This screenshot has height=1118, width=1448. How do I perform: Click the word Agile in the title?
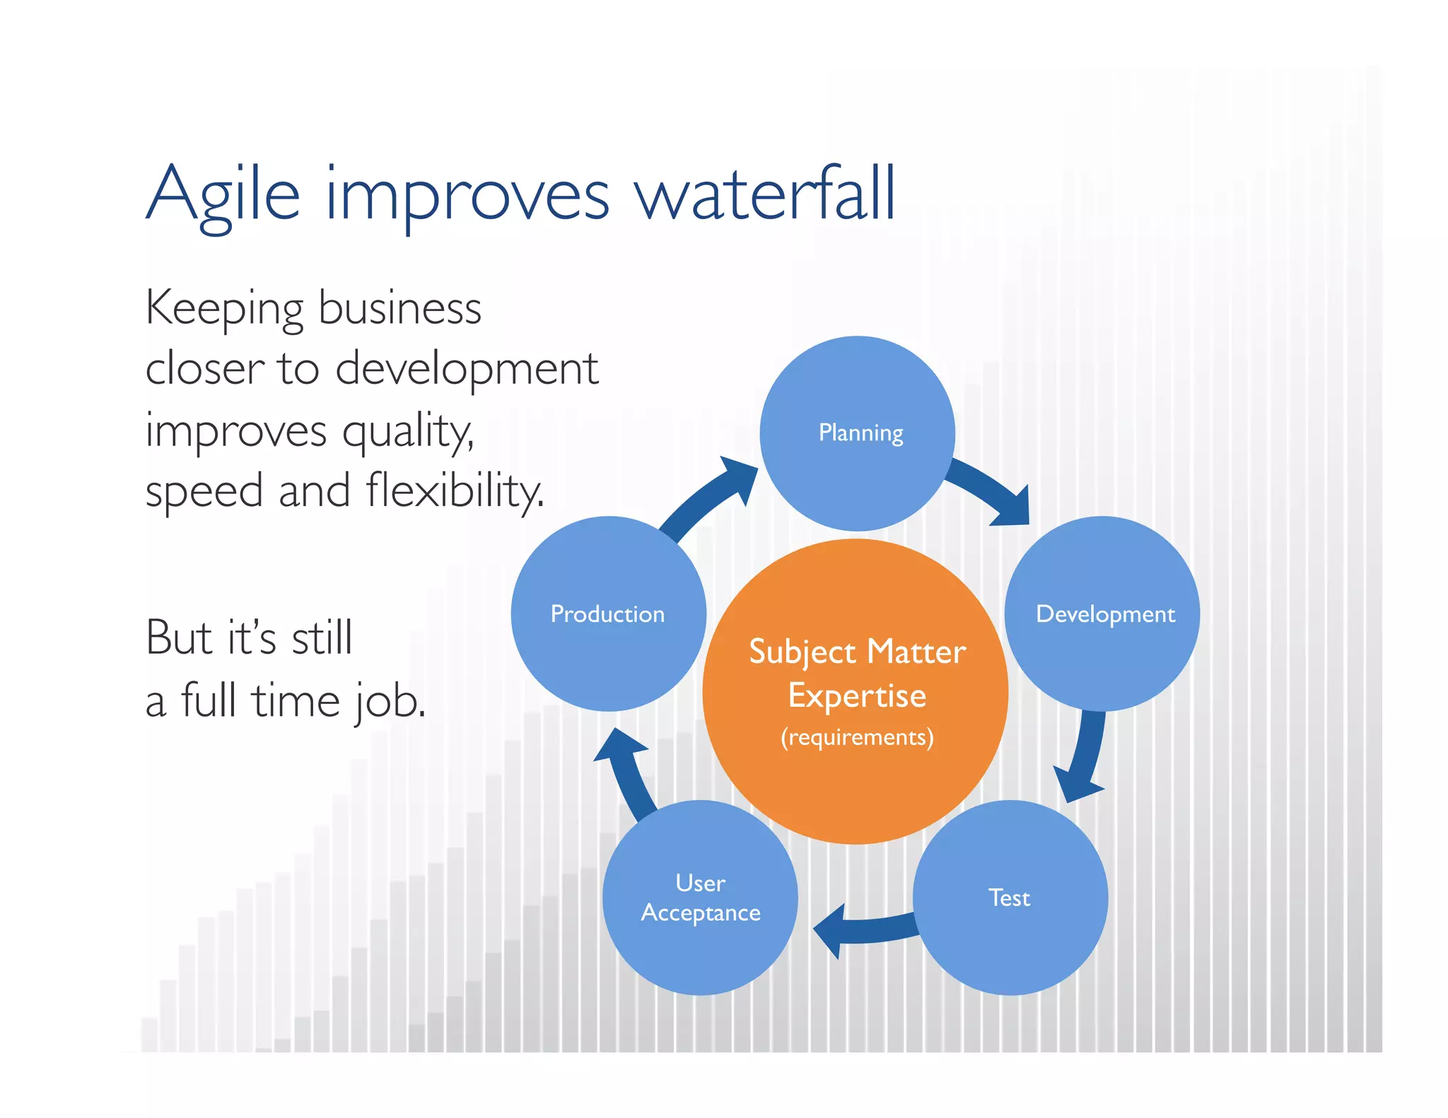coord(223,195)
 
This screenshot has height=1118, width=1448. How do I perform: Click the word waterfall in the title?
coord(766,194)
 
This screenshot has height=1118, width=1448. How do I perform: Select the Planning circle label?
coord(860,433)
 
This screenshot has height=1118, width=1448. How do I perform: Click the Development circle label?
coord(1105,613)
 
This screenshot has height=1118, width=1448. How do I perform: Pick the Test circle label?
coord(1009,898)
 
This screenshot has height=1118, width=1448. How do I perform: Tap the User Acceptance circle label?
coord(701,898)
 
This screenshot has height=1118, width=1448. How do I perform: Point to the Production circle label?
coord(607,613)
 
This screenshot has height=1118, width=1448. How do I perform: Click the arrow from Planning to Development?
coord(990,491)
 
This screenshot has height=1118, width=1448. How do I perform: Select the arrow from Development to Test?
coord(1085,756)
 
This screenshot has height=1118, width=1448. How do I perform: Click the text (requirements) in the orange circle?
coord(857,737)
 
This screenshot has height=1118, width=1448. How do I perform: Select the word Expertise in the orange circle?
coord(857,695)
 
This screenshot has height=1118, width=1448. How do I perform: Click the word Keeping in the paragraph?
coord(224,310)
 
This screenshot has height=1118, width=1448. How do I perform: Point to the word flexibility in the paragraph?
coord(454,490)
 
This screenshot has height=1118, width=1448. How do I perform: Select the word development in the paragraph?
coord(467,369)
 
